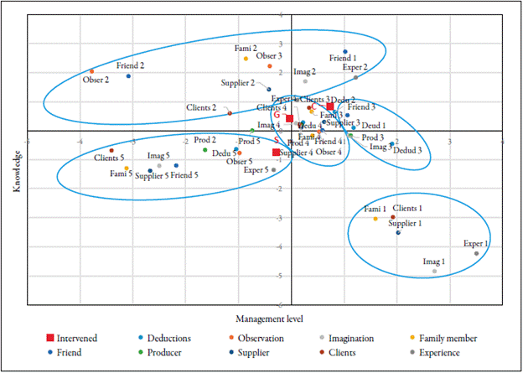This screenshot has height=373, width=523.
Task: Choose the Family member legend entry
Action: click(448, 339)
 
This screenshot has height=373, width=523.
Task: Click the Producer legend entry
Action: click(168, 355)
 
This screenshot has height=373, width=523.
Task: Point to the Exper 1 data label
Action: click(475, 244)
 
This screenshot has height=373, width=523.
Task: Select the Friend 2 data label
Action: click(130, 65)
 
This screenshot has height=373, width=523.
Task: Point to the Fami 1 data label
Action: click(375, 209)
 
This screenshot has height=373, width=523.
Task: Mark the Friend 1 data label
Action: click(343, 58)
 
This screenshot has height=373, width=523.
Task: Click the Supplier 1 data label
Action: click(405, 223)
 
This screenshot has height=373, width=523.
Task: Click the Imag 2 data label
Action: click(304, 72)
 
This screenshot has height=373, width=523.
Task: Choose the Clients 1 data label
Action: click(407, 208)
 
